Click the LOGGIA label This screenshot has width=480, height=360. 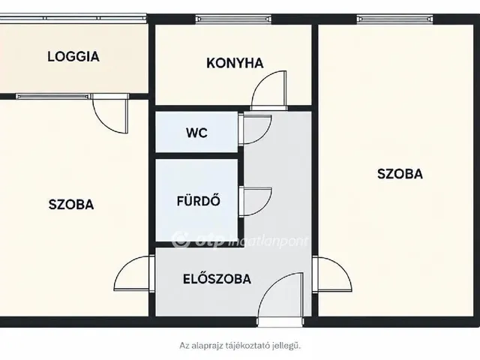(x=73, y=57)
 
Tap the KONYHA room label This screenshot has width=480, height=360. (x=235, y=63)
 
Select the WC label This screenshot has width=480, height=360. (x=196, y=133)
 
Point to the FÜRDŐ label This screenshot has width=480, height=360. (x=198, y=200)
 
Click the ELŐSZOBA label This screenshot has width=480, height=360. (x=217, y=278)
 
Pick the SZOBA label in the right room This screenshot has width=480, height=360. (x=400, y=174)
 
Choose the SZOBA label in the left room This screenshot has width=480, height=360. (x=71, y=205)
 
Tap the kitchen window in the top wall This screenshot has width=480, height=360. (x=233, y=19)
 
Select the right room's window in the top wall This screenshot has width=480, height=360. (x=395, y=19)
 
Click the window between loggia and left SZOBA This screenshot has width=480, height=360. (x=53, y=97)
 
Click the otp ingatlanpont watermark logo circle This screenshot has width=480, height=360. (x=181, y=240)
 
